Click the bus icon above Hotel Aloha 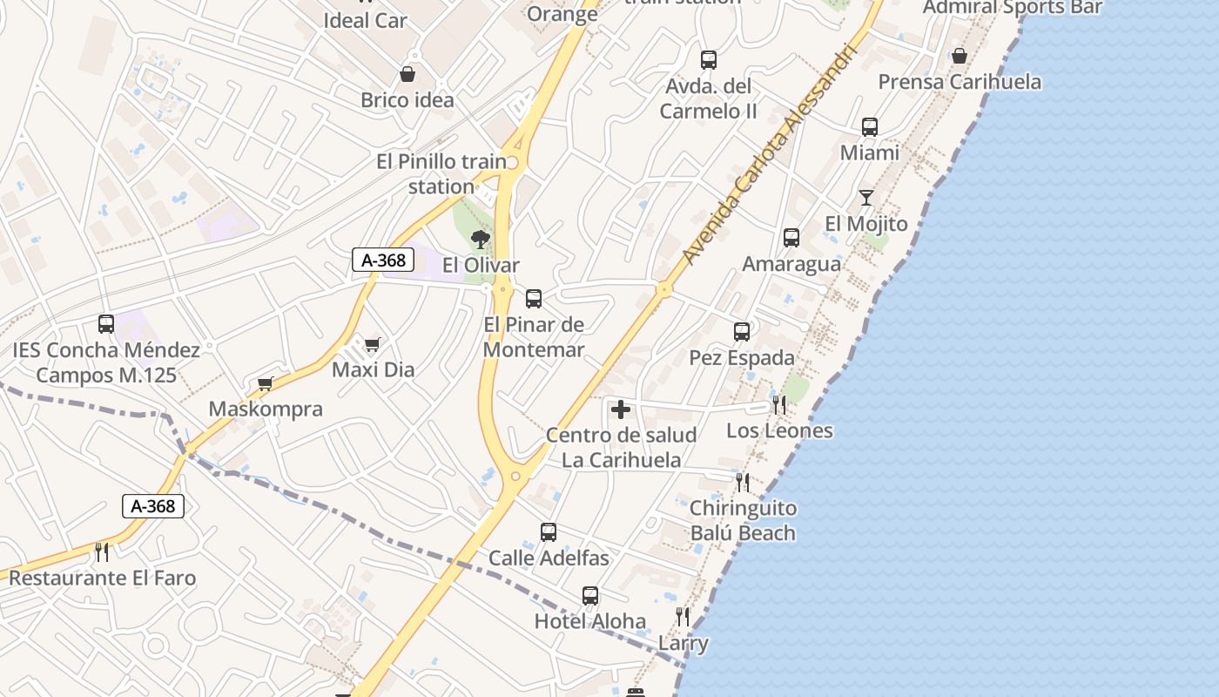pos(590,596)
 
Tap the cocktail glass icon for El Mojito pos(865,198)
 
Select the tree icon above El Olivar pos(480,240)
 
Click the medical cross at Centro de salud pos(621,409)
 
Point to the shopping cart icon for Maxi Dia pos(373,345)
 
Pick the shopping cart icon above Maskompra pos(266,384)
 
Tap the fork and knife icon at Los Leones pos(779,405)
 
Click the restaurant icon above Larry pos(683,617)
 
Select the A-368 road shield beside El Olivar pos(383,260)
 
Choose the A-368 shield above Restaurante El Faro pos(153,506)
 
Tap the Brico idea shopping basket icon pos(407,75)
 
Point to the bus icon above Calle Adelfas pos(549,532)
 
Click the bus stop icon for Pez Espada pos(742,332)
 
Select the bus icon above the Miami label pos(869,127)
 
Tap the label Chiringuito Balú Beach pos(743,520)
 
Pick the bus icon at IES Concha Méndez pos(106,324)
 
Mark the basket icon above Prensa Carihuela pos(959,57)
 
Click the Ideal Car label pos(365,20)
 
